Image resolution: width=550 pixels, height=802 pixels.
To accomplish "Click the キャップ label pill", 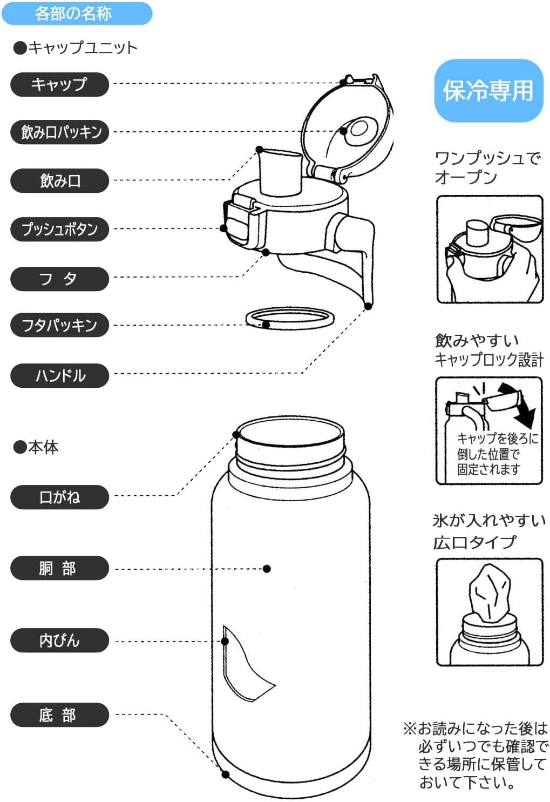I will click(x=59, y=85).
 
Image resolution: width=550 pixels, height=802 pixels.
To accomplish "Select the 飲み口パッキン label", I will click(x=59, y=132).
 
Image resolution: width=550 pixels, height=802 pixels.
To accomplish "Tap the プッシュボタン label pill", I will click(x=59, y=229).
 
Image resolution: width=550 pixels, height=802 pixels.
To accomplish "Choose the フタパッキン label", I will click(x=59, y=325).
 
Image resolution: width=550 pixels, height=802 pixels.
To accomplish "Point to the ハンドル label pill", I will click(x=59, y=375).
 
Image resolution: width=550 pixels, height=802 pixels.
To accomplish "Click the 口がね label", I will click(x=59, y=497).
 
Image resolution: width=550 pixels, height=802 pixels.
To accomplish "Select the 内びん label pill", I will click(x=59, y=641).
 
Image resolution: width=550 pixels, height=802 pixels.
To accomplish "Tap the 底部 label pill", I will click(x=59, y=715).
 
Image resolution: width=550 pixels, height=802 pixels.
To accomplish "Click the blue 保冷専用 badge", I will click(x=488, y=90).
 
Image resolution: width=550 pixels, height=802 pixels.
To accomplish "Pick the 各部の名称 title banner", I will click(x=76, y=13).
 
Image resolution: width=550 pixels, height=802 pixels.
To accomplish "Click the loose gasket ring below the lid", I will click(x=290, y=319).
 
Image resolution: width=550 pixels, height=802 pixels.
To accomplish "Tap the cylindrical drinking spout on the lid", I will click(x=280, y=172).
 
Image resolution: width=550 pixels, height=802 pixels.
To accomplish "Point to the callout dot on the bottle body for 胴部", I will click(x=267, y=569).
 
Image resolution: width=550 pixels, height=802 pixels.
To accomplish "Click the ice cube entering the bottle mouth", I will click(x=490, y=592).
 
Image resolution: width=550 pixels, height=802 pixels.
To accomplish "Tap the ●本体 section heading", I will click(x=36, y=447).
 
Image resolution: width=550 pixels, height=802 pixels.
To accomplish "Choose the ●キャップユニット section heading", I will click(x=76, y=48).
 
